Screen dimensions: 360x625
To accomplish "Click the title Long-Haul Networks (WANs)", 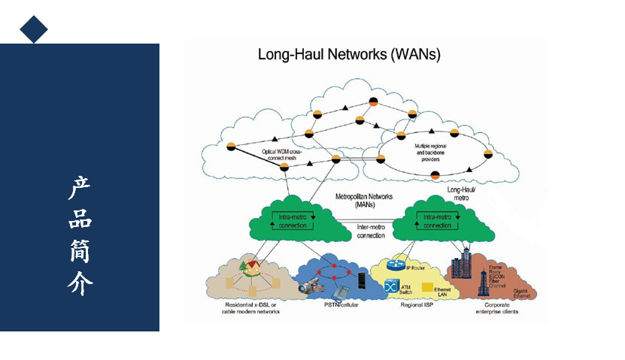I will point(349,55).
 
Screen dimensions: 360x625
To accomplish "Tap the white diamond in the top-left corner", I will point(33,29).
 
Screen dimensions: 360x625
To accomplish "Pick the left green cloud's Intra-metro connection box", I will point(292,221).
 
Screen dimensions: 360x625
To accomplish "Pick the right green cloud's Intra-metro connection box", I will point(437,221).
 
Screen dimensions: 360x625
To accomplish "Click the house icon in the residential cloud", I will point(247,267).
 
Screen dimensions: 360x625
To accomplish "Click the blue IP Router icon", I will point(396,265).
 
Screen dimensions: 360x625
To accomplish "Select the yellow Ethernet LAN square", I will point(426,288).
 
